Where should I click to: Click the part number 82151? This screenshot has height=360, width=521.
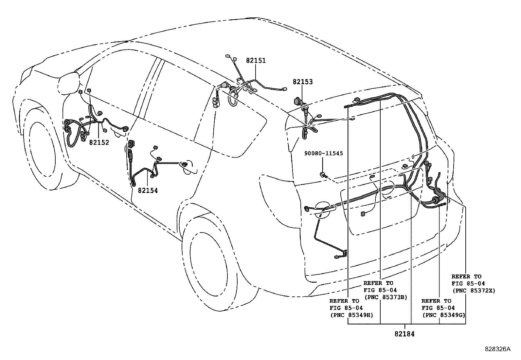click(256, 61)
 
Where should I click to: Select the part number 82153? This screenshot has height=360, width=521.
click(302, 82)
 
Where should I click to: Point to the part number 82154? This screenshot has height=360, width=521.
click(148, 190)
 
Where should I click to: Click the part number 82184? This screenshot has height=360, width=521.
click(404, 334)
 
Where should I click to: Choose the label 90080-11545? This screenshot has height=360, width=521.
click(323, 153)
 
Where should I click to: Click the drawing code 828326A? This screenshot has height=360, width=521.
click(497, 349)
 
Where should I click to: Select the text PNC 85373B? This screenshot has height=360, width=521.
click(385, 297)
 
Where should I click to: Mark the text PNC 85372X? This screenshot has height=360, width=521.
click(474, 291)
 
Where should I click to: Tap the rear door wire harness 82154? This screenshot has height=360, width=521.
click(154, 167)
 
